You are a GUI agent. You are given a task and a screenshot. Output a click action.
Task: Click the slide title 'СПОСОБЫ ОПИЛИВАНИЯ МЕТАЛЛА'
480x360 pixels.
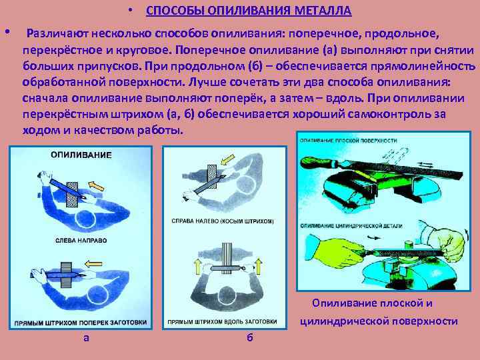click(248, 12)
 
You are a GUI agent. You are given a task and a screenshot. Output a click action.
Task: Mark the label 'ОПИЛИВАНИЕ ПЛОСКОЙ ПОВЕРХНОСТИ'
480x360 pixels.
click(349, 141)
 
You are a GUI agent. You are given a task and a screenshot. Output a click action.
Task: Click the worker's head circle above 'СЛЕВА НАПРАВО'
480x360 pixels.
click(85, 219)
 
